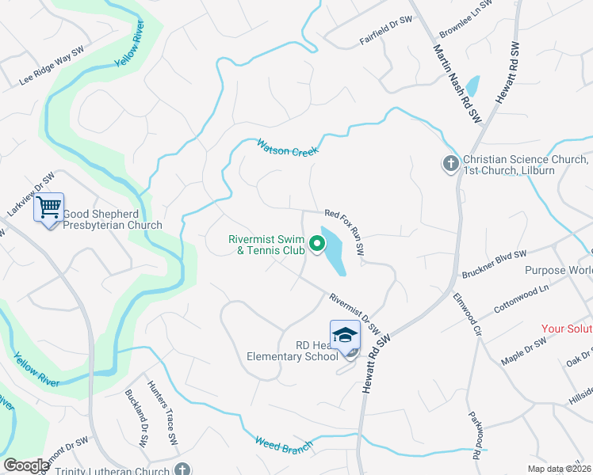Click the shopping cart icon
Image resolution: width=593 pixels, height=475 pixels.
coord(49,208)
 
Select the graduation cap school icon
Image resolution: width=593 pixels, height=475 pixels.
coord(345,335)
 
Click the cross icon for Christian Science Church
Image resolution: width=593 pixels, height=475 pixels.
coord(450,164)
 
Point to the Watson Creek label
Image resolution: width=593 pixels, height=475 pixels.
coord(287,147)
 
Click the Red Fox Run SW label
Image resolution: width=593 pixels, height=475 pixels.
coord(345,230)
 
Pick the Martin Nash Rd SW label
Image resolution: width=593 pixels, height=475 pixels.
coord(457,82)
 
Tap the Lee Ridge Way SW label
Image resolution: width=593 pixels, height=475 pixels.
coord(52,66)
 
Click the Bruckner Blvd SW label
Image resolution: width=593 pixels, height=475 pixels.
coord(494,264)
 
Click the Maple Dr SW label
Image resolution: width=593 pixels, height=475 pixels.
coord(524,351)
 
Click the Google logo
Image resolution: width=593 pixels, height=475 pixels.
coord(27,465)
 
